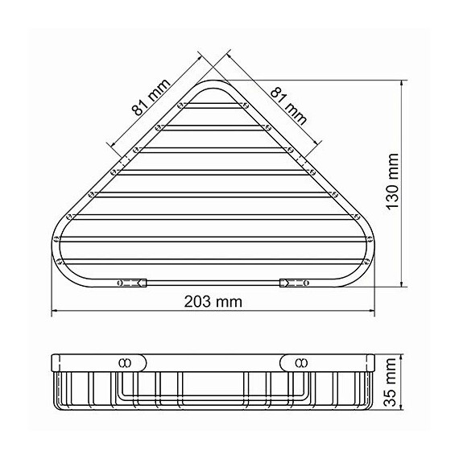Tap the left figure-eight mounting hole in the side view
[x=125, y=361]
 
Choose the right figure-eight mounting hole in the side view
[x=301, y=361]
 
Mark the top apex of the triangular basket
[x=214, y=83]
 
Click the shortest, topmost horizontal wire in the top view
[x=213, y=105]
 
